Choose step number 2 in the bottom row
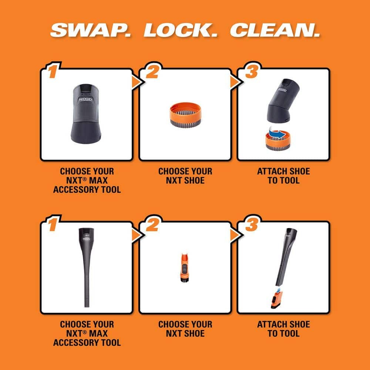pyautogui.click(x=151, y=225)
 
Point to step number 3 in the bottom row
pyautogui.click(x=250, y=225)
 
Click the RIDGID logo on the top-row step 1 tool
pyautogui.click(x=86, y=100)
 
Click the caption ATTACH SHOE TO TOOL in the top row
pyautogui.click(x=283, y=176)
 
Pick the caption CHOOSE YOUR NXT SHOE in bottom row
pyautogui.click(x=185, y=329)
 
